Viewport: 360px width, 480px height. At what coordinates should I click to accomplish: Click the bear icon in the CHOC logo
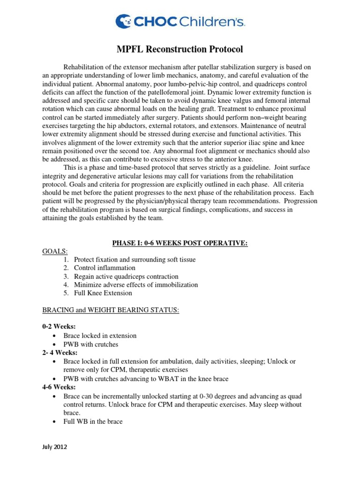[123, 21]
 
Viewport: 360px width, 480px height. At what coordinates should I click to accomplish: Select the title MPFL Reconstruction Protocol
[180, 49]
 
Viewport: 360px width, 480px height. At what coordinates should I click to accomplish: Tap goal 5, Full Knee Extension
[104, 293]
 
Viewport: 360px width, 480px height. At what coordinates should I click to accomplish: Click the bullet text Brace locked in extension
[100, 336]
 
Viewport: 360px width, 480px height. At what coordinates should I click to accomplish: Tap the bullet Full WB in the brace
[93, 421]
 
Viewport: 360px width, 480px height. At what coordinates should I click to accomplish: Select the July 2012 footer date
[55, 447]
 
